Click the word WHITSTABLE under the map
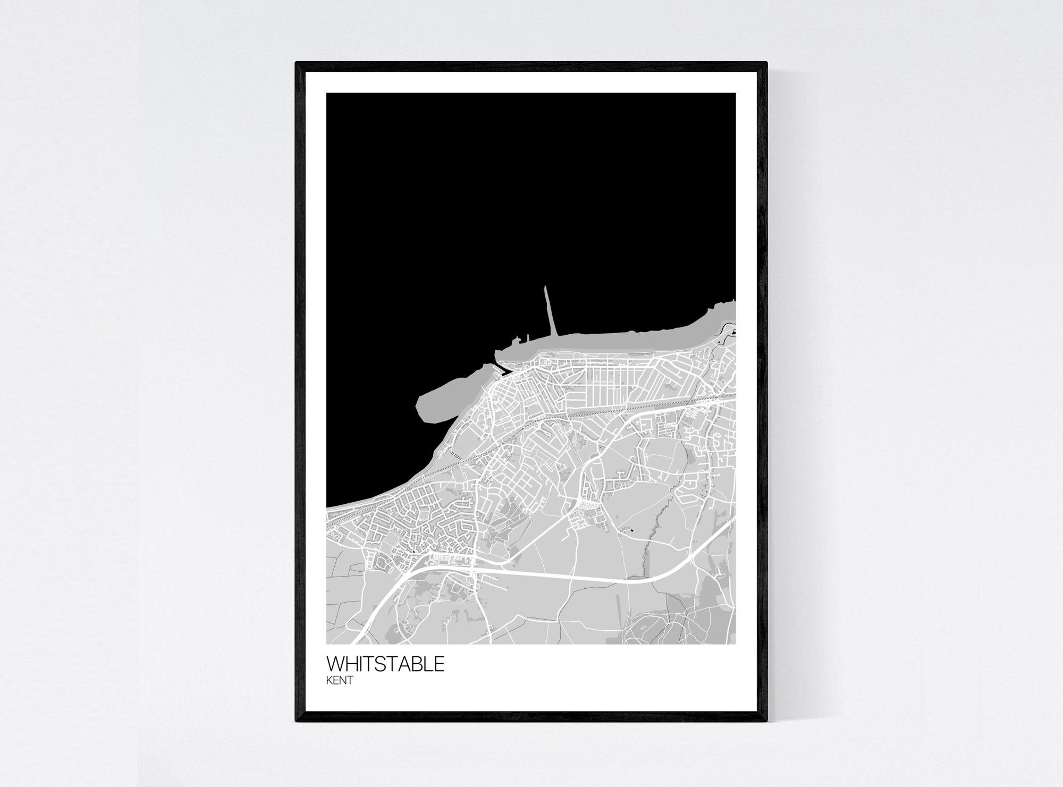pyautogui.click(x=385, y=664)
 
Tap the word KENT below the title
pyautogui.click(x=339, y=681)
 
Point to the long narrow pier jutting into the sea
pyautogui.click(x=549, y=311)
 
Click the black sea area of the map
pyautogui.click(x=478, y=213)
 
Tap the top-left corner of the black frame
pyautogui.click(x=298, y=64)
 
